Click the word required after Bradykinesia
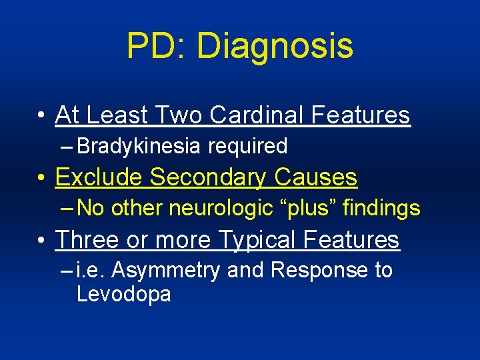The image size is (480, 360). pos(247,146)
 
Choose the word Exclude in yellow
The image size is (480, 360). pos(99,177)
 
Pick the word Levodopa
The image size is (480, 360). pos(124,294)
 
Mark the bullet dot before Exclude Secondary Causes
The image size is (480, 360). pos(41,178)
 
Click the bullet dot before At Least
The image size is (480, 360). pos(41,116)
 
